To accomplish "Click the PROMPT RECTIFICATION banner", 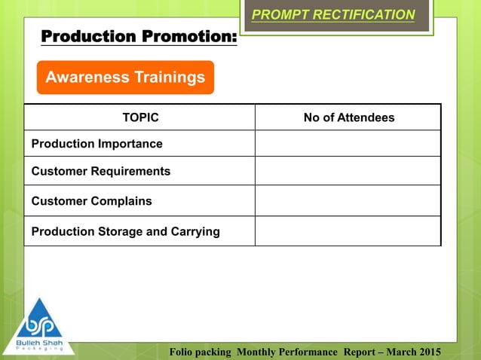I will click(332, 15).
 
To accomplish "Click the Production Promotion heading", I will click(138, 36).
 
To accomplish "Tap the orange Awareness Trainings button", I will click(125, 78).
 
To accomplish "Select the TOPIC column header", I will click(140, 117).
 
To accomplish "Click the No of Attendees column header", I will click(348, 117).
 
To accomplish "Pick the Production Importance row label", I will click(97, 143).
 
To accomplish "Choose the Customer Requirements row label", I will click(100, 171).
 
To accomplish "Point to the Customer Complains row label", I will click(91, 201).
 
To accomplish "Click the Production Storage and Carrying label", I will click(125, 231).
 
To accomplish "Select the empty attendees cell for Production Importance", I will click(348, 143).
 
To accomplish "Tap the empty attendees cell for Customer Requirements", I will click(348, 171).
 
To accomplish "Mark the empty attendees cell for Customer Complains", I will click(348, 201).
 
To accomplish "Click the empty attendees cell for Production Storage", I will click(348, 231).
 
